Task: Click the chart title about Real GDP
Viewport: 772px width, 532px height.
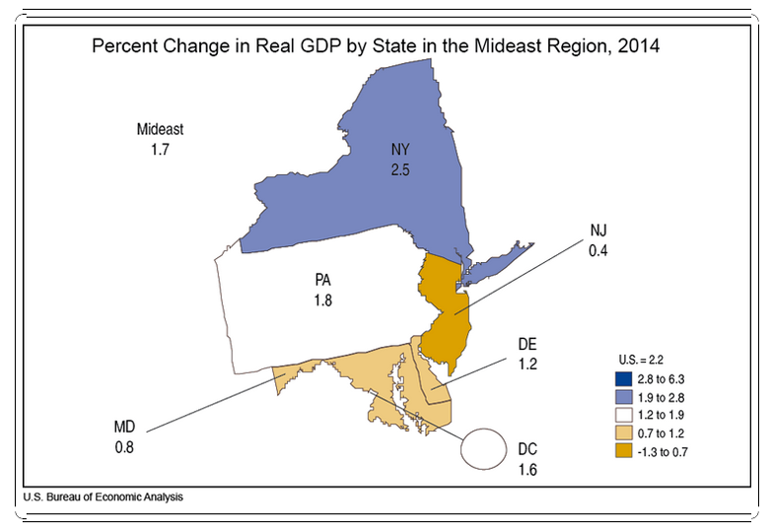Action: click(x=376, y=46)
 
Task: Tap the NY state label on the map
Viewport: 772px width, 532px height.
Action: click(x=398, y=150)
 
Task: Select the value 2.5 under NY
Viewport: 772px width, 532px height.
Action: click(x=398, y=168)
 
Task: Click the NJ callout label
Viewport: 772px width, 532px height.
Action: click(x=597, y=231)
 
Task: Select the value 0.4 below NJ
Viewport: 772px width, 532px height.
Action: click(x=597, y=250)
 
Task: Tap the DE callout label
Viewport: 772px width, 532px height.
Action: click(x=527, y=344)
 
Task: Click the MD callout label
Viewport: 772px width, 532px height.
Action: click(x=124, y=428)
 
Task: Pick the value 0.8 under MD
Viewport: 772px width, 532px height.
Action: click(x=124, y=447)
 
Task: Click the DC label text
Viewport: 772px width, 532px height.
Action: click(x=527, y=448)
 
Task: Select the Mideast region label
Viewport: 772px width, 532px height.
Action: click(x=160, y=129)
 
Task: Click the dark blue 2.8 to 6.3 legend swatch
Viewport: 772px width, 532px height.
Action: click(x=623, y=378)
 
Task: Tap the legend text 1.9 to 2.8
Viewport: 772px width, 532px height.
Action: click(x=665, y=396)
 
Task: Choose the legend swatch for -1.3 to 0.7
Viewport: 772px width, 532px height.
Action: click(x=623, y=450)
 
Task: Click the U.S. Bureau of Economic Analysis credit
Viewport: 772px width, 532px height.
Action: click(x=104, y=498)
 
